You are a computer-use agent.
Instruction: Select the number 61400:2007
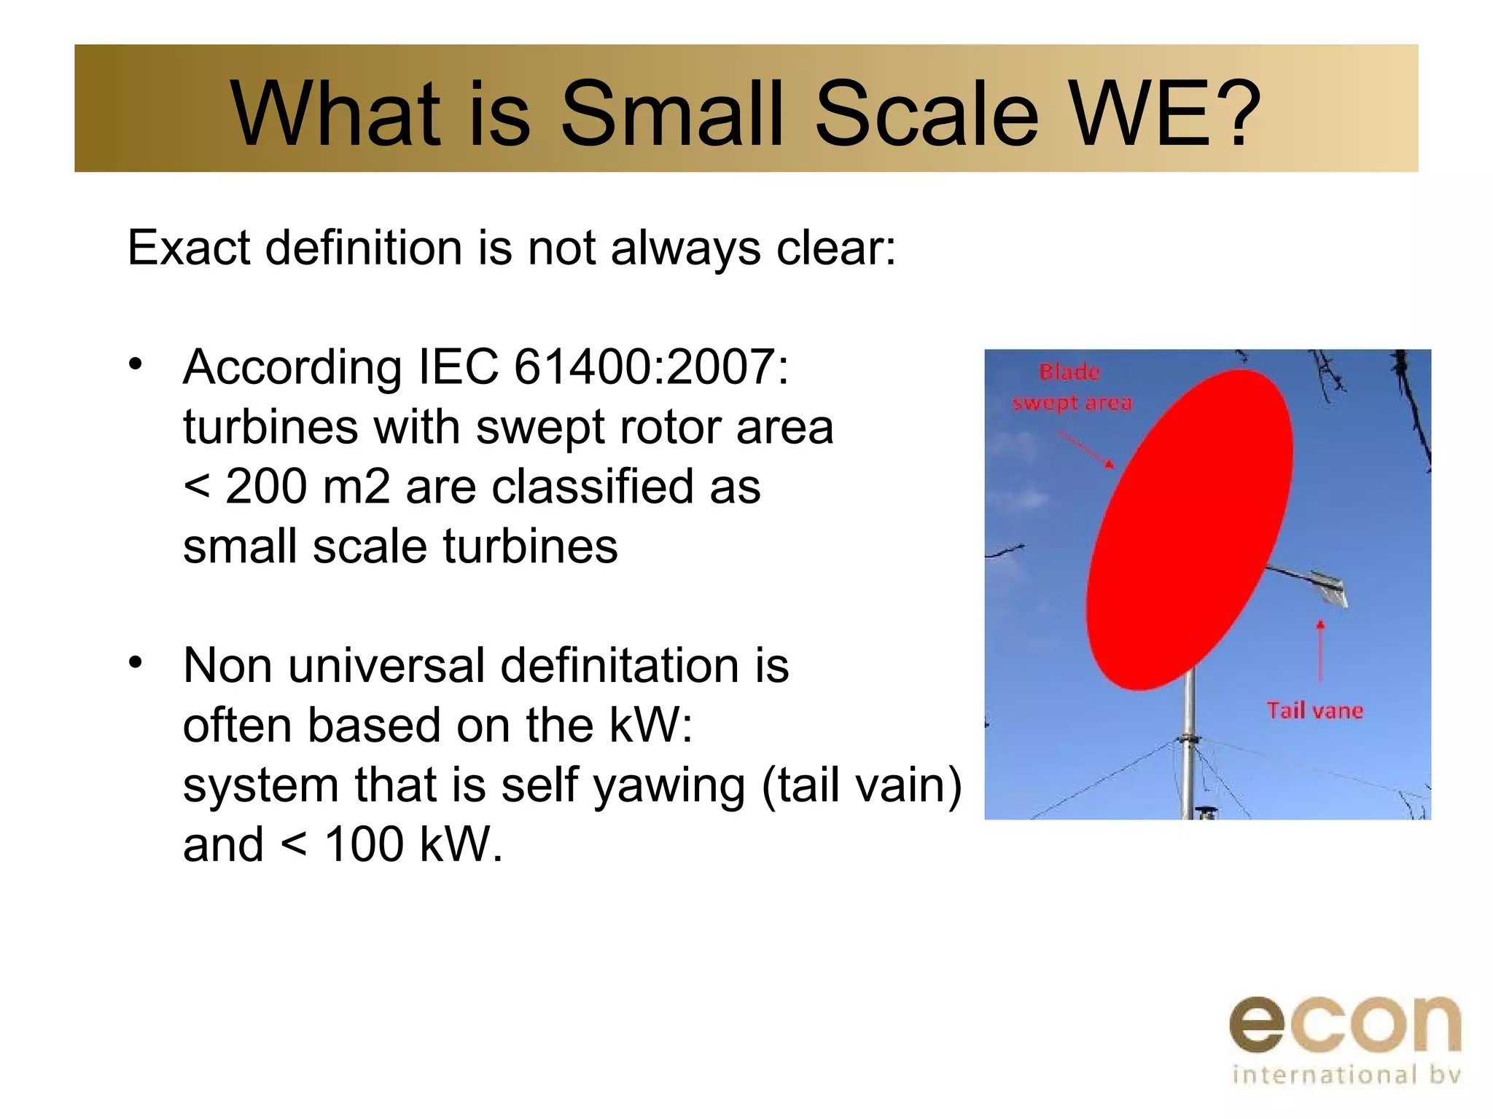click(651, 366)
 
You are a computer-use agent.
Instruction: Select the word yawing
click(668, 787)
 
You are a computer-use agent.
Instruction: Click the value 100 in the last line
click(364, 845)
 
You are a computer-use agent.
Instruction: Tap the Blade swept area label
click(1071, 388)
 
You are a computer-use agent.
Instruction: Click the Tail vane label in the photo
click(1314, 710)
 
